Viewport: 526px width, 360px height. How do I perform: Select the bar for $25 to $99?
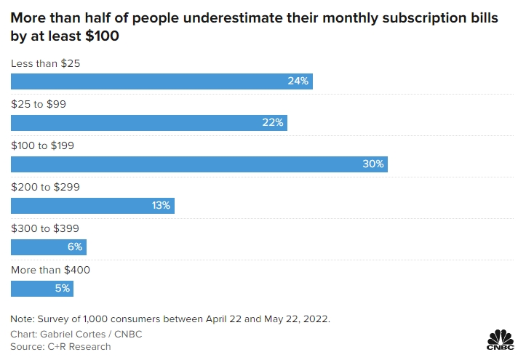(x=149, y=122)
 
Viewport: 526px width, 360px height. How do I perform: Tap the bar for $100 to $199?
(x=199, y=164)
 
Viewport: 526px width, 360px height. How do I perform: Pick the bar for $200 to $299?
(x=92, y=205)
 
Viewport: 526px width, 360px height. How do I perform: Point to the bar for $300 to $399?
(x=49, y=247)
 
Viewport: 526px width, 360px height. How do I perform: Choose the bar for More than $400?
(x=42, y=288)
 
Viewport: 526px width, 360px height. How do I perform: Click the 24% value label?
(x=298, y=81)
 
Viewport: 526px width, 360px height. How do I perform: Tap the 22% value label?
(x=273, y=122)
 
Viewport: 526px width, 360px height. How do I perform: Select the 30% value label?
(x=372, y=164)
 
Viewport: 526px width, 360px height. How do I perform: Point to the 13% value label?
(x=161, y=205)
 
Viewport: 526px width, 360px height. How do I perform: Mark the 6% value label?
(x=75, y=247)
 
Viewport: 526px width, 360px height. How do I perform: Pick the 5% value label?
(x=62, y=288)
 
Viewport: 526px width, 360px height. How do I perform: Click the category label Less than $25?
(x=45, y=63)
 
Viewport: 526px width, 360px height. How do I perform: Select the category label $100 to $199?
(x=42, y=145)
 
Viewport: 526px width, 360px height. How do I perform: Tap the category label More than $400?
(x=50, y=270)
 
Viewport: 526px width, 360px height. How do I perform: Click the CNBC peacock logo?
(x=500, y=340)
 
